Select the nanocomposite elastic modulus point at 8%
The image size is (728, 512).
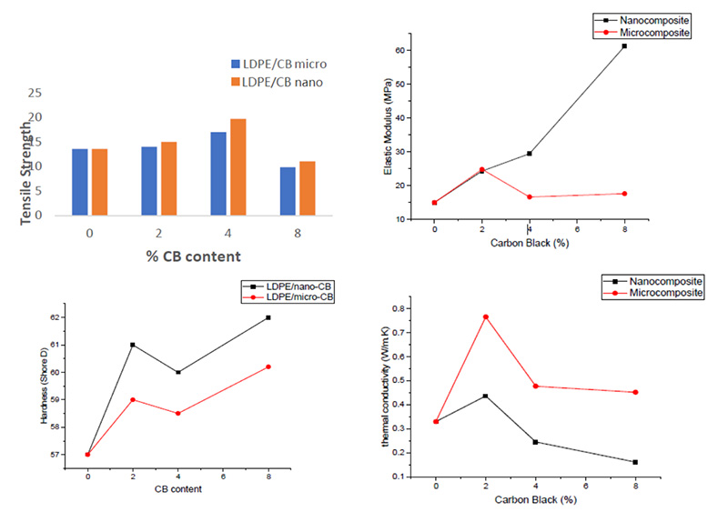click(624, 45)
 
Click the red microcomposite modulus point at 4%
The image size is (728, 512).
click(529, 196)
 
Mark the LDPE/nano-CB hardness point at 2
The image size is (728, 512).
click(133, 345)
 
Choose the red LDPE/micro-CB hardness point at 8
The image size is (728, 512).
click(268, 366)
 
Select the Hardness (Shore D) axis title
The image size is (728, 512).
click(44, 387)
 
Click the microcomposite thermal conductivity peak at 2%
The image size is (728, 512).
click(487, 316)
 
